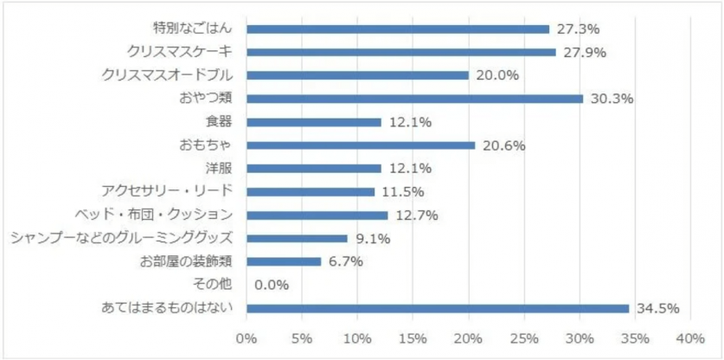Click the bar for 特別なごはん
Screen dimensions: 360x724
(398, 29)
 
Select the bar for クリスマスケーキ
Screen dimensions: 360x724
(401, 52)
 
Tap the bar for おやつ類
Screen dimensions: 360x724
(415, 99)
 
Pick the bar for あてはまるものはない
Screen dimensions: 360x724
(438, 308)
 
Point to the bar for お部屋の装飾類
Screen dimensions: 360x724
(284, 261)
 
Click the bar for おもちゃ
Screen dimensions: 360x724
(361, 145)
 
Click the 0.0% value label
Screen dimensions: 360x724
(272, 285)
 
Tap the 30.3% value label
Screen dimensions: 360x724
(612, 99)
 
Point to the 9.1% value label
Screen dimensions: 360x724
(373, 238)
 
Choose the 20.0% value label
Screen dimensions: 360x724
(497, 75)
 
